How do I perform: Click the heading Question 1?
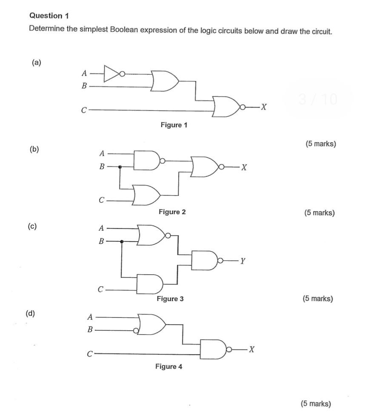pos(49,16)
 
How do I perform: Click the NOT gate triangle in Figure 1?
pos(111,73)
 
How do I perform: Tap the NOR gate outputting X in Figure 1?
pos(226,106)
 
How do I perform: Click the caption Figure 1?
pos(174,125)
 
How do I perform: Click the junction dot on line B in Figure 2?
pos(120,167)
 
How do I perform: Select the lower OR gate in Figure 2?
pos(146,194)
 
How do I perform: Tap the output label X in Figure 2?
pos(243,167)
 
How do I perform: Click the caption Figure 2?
pos(172,212)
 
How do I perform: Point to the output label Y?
pos(242,261)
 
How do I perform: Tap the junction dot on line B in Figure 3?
pos(122,242)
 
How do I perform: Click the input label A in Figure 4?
pos(90,317)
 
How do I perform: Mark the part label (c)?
pos(32,226)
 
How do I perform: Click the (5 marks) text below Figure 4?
pos(315,403)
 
